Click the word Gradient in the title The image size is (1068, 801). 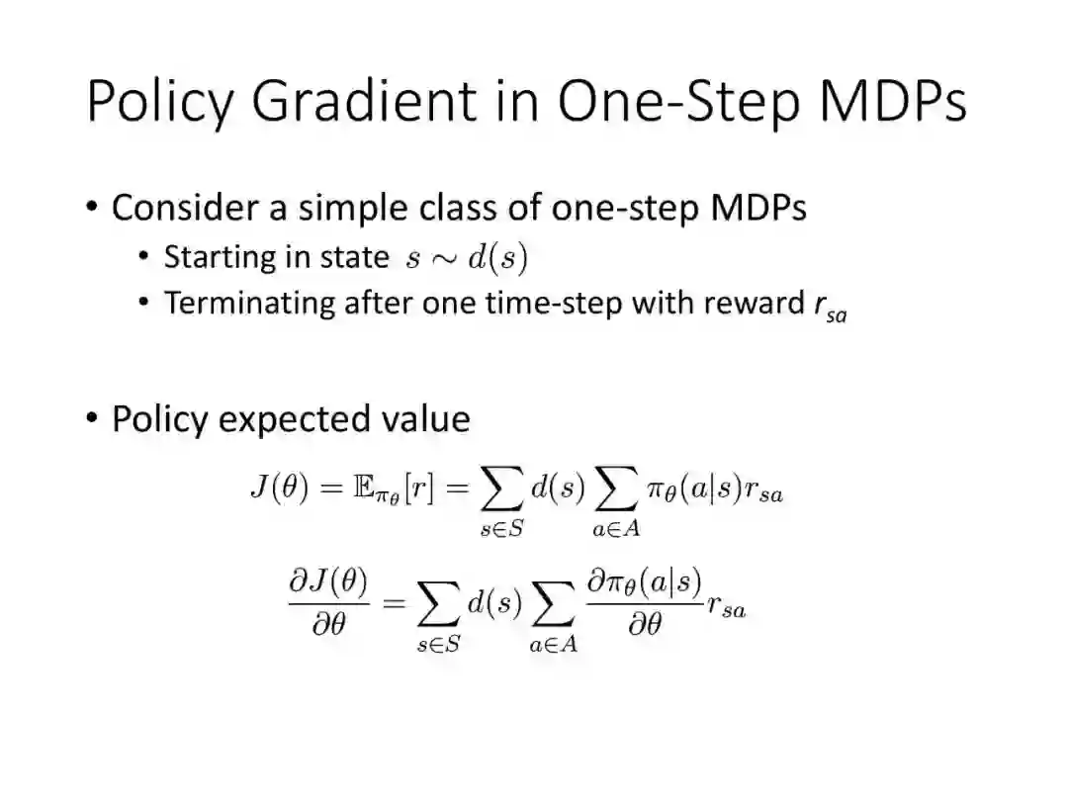click(x=364, y=101)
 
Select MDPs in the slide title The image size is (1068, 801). click(x=893, y=101)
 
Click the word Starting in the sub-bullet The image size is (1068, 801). click(x=218, y=258)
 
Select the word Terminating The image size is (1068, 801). click(x=249, y=304)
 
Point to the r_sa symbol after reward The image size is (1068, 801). click(x=831, y=308)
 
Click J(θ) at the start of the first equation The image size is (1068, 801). click(x=280, y=488)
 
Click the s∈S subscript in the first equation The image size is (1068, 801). click(x=502, y=529)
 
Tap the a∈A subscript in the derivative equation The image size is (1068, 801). click(x=553, y=645)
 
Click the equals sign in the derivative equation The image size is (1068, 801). click(x=395, y=602)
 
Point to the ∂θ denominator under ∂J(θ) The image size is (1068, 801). click(x=329, y=623)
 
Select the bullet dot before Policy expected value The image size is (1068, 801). click(x=92, y=418)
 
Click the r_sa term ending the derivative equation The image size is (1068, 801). click(x=727, y=606)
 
